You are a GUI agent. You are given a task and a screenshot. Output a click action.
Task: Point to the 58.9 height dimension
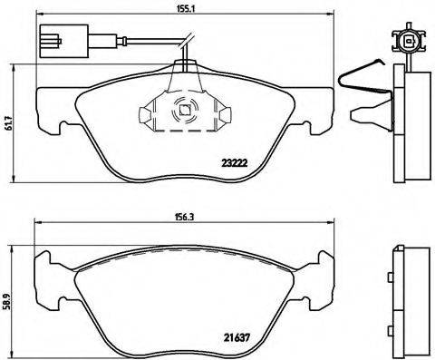[10, 297]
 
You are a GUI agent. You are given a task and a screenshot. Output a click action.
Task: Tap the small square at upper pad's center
[185, 112]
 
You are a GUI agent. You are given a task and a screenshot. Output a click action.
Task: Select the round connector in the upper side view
[405, 41]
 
